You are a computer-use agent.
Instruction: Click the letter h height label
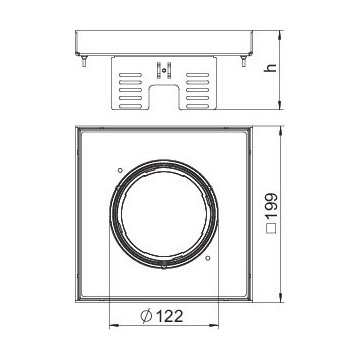click(272, 67)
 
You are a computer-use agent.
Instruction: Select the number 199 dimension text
click(272, 207)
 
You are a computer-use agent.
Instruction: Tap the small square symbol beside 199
click(272, 228)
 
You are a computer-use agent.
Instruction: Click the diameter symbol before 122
click(146, 316)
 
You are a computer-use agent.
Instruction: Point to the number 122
click(170, 316)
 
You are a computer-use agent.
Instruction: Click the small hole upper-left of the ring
click(120, 170)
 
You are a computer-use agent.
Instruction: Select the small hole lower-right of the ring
click(207, 258)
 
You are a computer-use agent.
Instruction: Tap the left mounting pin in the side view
click(84, 61)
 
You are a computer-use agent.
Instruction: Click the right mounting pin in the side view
click(244, 61)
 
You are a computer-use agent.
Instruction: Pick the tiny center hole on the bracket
click(164, 70)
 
